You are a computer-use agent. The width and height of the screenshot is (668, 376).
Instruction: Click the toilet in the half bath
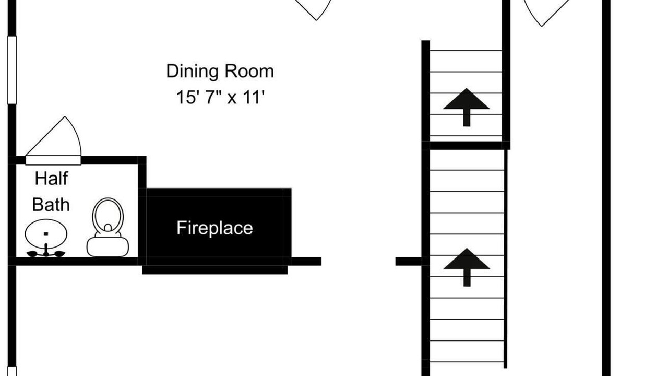click(x=108, y=227)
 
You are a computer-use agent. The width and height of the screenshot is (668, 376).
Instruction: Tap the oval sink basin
click(x=46, y=234)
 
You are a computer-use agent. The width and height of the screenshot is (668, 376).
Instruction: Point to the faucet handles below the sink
click(x=46, y=253)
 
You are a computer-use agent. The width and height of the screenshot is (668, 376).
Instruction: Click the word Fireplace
click(x=214, y=228)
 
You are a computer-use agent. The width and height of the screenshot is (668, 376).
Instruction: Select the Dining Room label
click(x=220, y=72)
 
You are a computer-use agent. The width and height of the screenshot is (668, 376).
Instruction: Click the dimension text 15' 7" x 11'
click(x=220, y=97)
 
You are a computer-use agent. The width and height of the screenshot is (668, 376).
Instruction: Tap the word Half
click(x=51, y=179)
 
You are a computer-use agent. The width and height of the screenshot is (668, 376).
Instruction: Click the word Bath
click(x=51, y=205)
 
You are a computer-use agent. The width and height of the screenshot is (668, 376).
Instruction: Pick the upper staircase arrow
click(x=467, y=107)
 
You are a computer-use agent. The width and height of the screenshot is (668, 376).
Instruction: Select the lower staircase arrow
click(x=467, y=267)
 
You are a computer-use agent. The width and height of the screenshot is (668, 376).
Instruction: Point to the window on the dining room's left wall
click(x=12, y=70)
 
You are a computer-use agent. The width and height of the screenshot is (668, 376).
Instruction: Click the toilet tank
click(x=108, y=247)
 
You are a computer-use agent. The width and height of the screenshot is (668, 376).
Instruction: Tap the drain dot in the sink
click(x=46, y=233)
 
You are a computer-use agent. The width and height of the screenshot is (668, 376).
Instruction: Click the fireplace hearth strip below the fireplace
click(x=215, y=270)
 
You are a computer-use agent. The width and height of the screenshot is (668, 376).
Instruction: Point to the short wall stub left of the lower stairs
click(x=409, y=262)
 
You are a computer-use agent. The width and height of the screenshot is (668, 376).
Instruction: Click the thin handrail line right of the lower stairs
click(x=506, y=259)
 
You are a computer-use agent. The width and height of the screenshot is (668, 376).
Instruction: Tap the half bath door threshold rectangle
click(x=53, y=160)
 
